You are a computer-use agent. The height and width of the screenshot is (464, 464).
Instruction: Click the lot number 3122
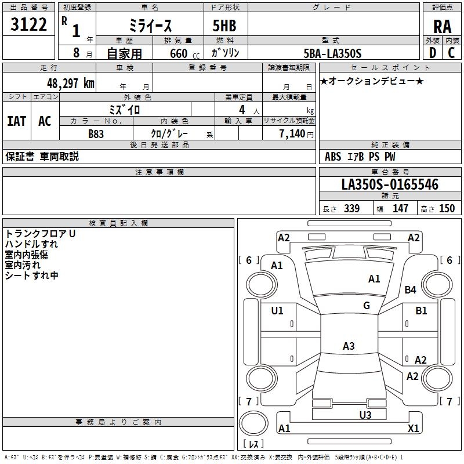point(29,25)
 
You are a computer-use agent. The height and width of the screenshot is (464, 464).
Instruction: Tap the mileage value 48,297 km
point(70,84)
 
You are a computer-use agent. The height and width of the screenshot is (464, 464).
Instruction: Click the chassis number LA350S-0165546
point(390,185)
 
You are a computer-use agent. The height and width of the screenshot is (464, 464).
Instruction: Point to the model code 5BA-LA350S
point(333,53)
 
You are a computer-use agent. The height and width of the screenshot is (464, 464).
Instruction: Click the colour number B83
point(96,133)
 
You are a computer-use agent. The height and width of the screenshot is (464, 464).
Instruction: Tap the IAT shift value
point(17,121)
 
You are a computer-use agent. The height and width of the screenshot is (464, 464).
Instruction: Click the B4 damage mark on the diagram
point(411,290)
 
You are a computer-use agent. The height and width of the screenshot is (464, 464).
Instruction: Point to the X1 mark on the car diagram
point(414,429)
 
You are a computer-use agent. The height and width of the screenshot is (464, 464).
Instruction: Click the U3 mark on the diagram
point(365,415)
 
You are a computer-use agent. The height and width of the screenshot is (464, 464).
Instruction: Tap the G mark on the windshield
point(367,306)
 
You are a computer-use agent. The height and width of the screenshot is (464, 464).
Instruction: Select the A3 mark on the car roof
point(348,346)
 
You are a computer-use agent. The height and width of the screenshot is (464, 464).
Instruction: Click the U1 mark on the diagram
point(277,310)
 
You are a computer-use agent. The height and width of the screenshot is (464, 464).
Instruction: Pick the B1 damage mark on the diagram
point(421,311)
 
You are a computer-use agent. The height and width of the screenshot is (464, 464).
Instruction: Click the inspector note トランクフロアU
point(41,234)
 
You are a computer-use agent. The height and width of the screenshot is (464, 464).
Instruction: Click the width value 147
point(400,209)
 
